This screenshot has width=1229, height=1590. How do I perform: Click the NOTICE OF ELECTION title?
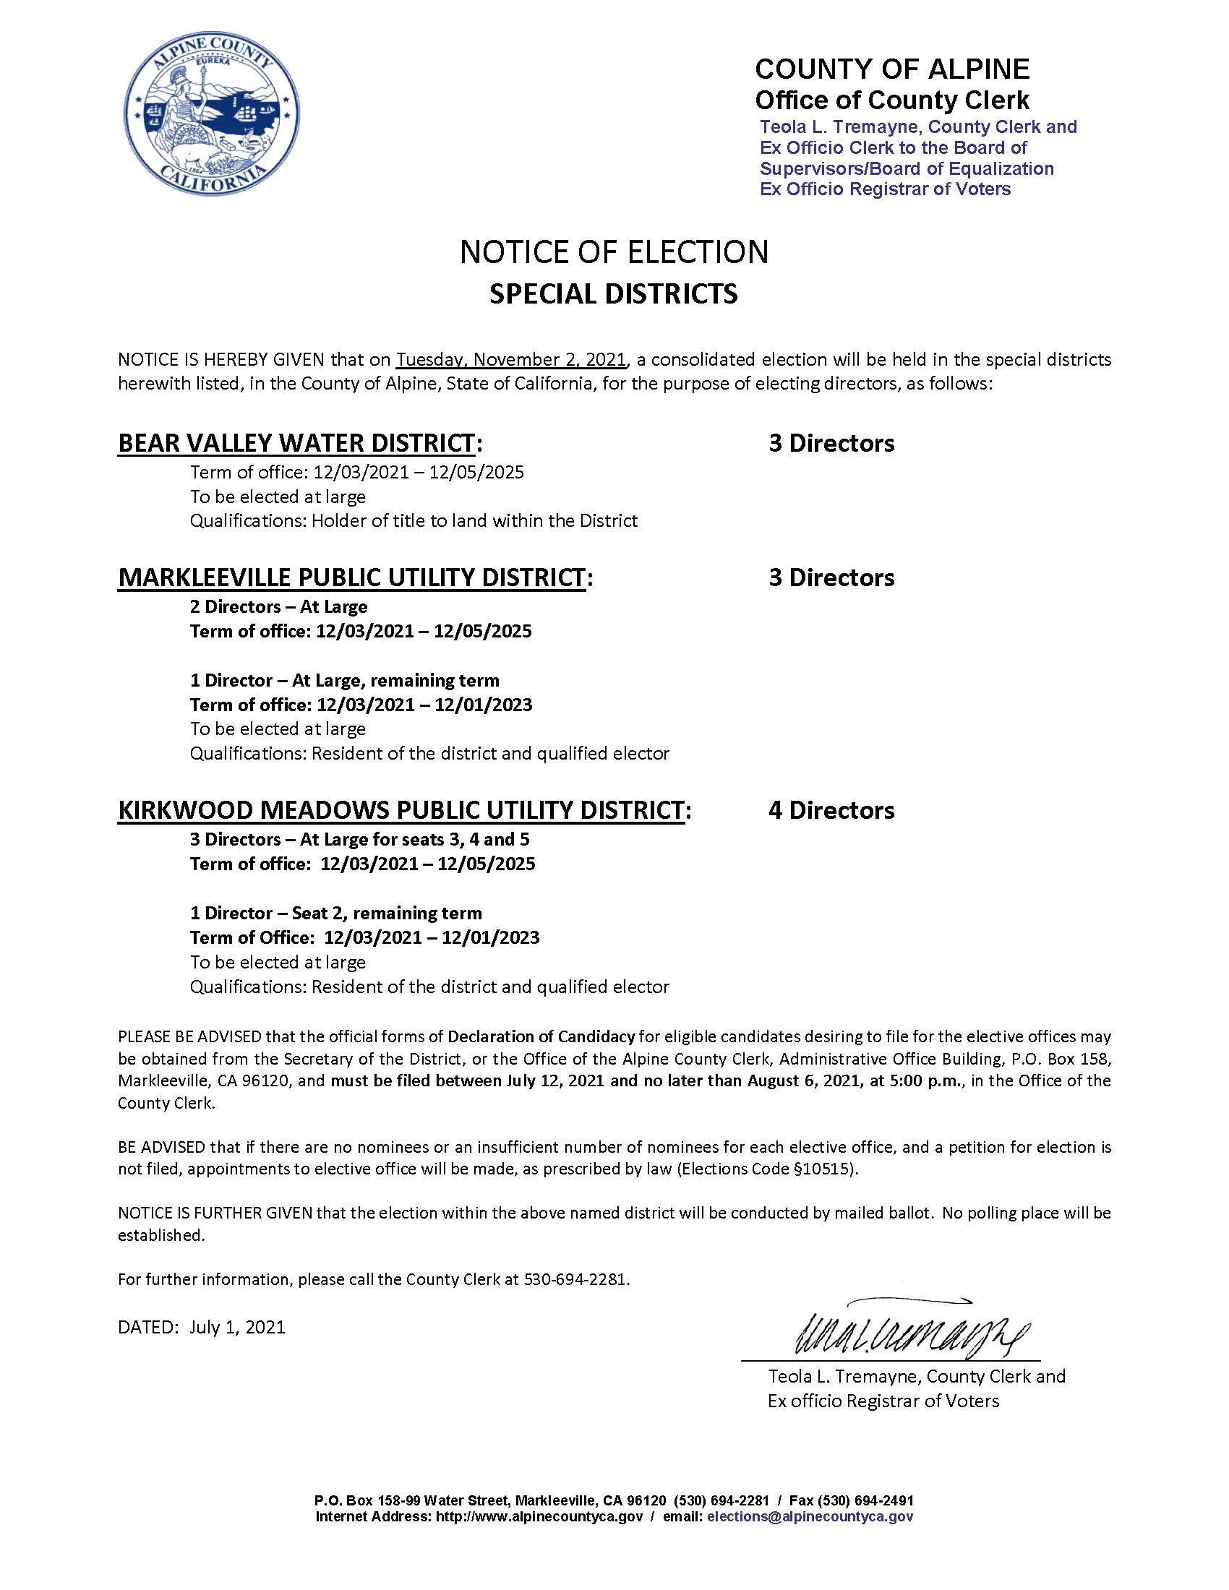point(614,252)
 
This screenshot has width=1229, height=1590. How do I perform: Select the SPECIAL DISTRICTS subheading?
point(614,293)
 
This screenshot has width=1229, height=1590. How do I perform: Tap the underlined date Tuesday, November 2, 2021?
point(511,360)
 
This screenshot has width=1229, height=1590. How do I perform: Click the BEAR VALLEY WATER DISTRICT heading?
point(296,442)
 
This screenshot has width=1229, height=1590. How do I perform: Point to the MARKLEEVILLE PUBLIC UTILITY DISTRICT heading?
point(351,577)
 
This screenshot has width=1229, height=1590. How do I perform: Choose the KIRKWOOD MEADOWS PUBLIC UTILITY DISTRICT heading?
point(401,810)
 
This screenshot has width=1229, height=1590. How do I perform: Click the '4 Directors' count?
point(831,810)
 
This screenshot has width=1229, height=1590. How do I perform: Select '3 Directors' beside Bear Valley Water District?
point(831,442)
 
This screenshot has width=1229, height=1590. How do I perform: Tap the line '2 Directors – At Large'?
point(279,606)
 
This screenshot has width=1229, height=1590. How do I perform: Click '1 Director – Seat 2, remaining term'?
point(335,913)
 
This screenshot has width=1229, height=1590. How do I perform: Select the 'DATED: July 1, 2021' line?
point(202,1327)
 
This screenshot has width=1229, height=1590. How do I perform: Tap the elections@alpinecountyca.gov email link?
point(810,1516)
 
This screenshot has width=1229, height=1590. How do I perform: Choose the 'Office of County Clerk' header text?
point(892,100)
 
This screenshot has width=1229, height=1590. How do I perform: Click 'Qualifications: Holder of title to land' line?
point(414,520)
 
